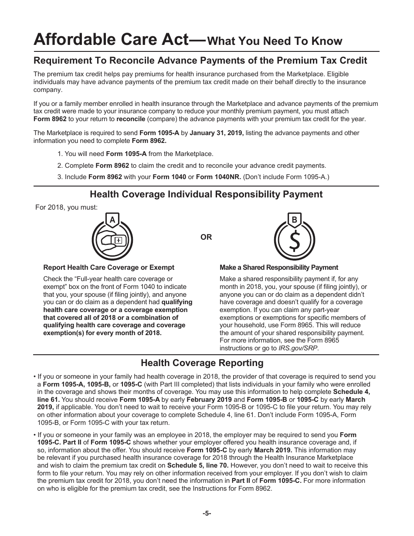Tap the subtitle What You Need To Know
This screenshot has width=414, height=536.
coord(275,41)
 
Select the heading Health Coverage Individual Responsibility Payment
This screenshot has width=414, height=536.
coord(206,194)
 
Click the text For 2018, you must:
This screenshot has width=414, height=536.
coord(66,207)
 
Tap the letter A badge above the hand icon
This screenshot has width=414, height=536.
coord(112,220)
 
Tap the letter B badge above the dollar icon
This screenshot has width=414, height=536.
coord(294,220)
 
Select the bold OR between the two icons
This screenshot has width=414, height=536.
coord(206,237)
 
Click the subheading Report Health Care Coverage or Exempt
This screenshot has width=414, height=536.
coord(109,268)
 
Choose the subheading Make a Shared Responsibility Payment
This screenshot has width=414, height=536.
coord(278,268)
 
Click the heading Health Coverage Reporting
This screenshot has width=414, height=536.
coord(202,363)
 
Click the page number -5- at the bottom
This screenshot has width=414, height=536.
coord(207,513)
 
